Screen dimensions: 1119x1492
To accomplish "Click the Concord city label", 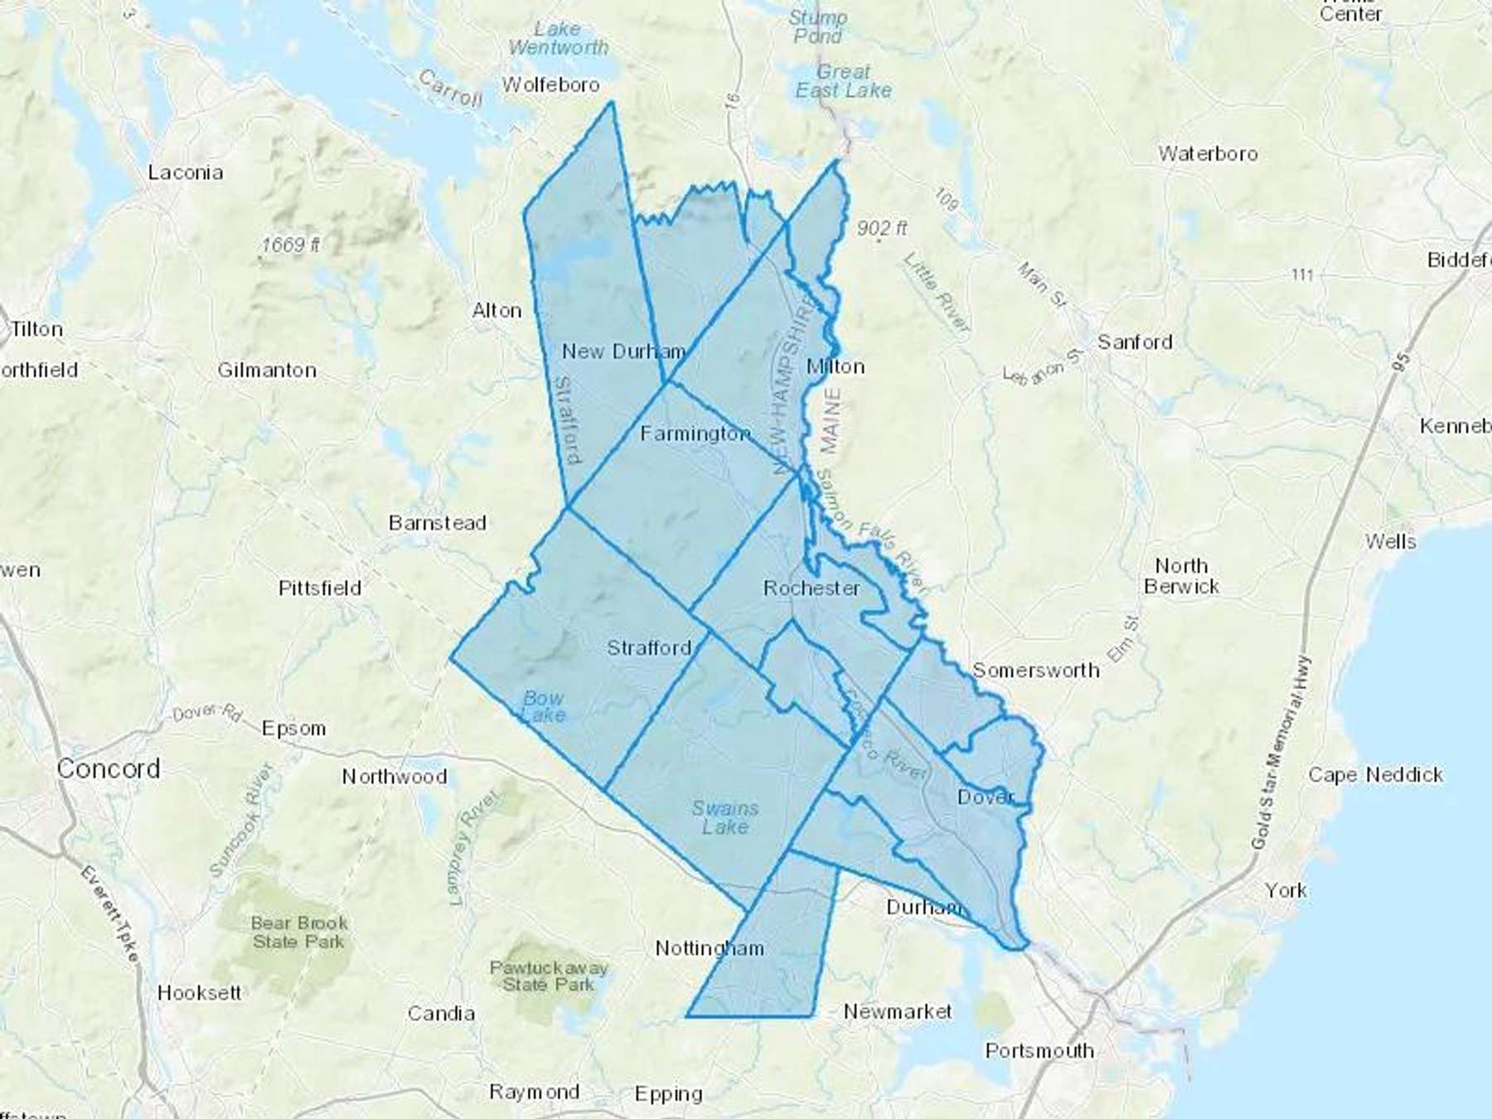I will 109,768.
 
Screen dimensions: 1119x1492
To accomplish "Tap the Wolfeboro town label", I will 550,85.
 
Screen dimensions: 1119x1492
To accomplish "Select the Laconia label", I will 186,172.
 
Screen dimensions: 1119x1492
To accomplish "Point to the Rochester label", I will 811,588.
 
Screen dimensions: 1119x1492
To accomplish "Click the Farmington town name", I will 695,434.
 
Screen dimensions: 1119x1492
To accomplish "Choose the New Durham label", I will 623,351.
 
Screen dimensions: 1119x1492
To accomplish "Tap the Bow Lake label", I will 544,706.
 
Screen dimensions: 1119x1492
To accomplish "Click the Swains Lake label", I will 725,817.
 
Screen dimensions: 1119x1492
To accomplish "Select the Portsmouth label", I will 1039,1051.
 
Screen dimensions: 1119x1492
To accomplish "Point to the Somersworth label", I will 1036,670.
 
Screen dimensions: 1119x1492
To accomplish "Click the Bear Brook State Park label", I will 299,932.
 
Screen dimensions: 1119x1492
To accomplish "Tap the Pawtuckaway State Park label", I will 549,976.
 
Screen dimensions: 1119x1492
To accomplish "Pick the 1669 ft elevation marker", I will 291,245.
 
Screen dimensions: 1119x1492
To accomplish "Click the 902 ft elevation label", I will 883,228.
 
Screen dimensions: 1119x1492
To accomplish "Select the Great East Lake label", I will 844,81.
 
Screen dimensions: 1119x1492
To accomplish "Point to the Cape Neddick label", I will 1376,775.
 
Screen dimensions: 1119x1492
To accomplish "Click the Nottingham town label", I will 710,948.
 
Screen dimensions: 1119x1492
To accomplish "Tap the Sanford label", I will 1135,342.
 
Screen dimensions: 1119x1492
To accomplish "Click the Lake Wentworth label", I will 558,38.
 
